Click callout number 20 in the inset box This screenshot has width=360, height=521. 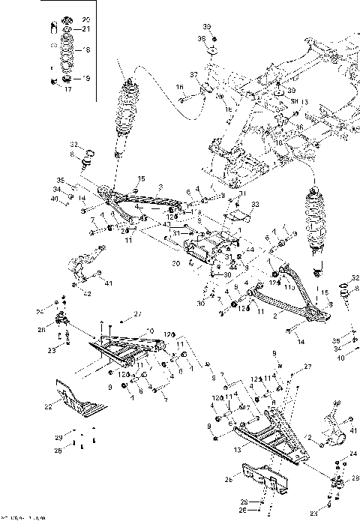pyautogui.click(x=84, y=18)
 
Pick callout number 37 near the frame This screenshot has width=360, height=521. pyautogui.click(x=193, y=75)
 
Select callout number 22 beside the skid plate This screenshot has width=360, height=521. pyautogui.click(x=48, y=406)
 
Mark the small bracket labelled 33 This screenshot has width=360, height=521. pyautogui.click(x=238, y=216)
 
